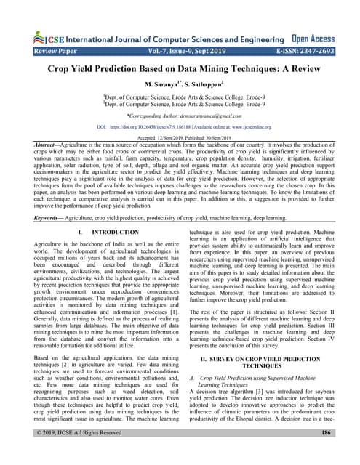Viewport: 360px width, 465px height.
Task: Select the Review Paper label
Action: point(46,52)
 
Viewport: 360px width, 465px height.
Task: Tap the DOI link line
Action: point(180,126)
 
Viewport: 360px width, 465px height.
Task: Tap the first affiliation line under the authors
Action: point(180,96)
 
